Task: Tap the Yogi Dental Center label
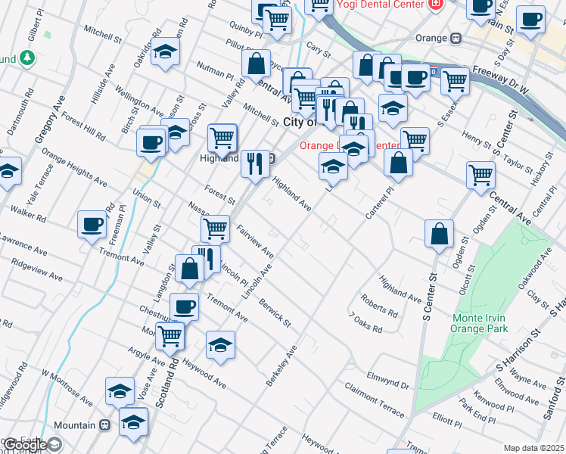(370, 4)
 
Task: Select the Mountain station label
(76, 425)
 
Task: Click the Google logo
(24, 445)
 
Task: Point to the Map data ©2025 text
(533, 448)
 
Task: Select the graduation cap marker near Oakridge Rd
(164, 52)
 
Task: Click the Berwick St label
(274, 312)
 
